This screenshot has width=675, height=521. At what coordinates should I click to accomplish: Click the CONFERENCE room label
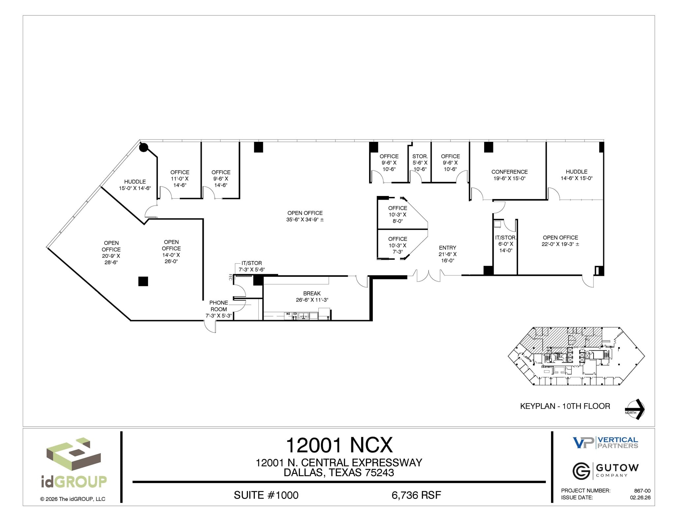tap(509, 172)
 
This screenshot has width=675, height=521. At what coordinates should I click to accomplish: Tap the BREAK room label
tap(312, 293)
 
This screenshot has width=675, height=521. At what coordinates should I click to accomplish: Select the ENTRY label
tap(447, 248)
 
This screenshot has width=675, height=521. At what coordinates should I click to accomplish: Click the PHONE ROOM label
tap(219, 306)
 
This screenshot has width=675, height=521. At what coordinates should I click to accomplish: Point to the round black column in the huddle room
tap(143, 147)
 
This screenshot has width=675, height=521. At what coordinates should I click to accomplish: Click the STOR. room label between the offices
tap(420, 156)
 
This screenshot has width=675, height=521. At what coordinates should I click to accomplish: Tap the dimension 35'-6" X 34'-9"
tap(305, 220)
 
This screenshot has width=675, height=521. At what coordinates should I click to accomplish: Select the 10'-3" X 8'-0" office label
tap(397, 214)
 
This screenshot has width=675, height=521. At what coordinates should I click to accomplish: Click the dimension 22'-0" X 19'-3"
tap(560, 244)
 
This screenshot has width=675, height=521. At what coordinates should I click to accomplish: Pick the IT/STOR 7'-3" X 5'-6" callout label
tap(252, 266)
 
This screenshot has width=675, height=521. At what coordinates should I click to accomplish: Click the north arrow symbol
tap(635, 409)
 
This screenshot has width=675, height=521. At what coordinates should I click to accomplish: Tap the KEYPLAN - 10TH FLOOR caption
tap(565, 406)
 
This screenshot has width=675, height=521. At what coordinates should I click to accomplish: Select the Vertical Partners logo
tap(605, 443)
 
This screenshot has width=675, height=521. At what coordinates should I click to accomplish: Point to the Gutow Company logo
tap(605, 471)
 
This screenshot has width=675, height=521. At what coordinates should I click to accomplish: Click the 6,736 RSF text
tap(416, 495)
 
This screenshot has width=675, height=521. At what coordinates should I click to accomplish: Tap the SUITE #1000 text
tap(266, 495)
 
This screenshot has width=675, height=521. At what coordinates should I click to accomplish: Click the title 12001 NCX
tap(339, 445)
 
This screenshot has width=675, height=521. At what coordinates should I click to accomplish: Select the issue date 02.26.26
tap(640, 498)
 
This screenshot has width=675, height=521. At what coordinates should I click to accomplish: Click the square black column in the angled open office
tap(143, 281)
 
